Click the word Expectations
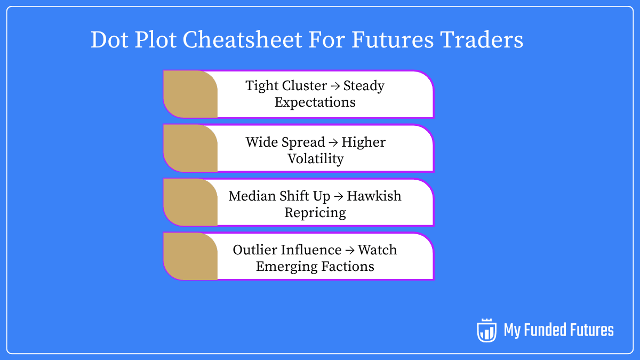[x=315, y=102]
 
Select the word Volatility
[x=315, y=158]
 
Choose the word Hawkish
[x=374, y=196]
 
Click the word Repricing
[x=315, y=212]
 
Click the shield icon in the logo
[x=486, y=330]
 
